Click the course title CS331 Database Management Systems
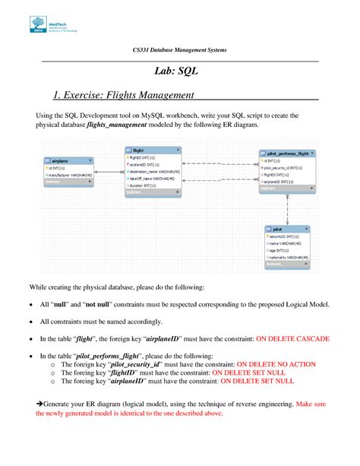(179, 49)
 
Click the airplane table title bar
(69, 161)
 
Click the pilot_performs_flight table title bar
(286, 154)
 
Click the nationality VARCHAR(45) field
(289, 257)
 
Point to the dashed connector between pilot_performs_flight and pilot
(287, 209)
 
